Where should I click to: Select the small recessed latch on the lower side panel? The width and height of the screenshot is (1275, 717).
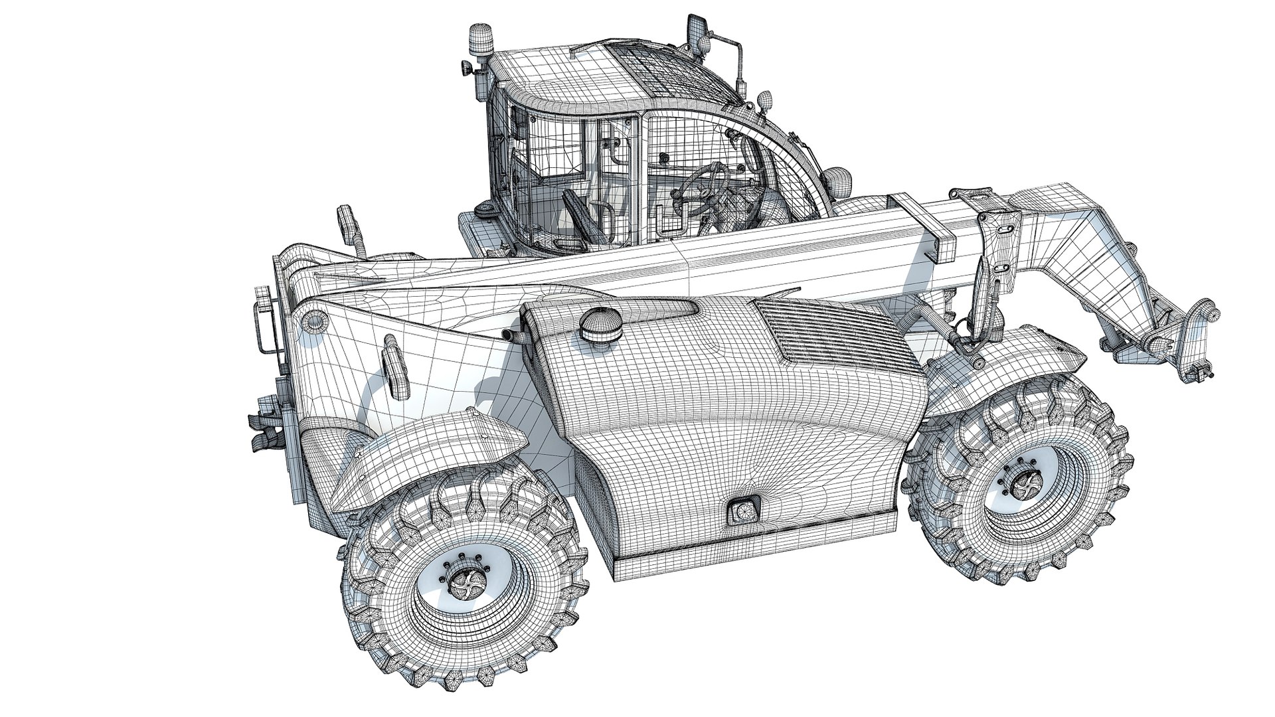point(743,512)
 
